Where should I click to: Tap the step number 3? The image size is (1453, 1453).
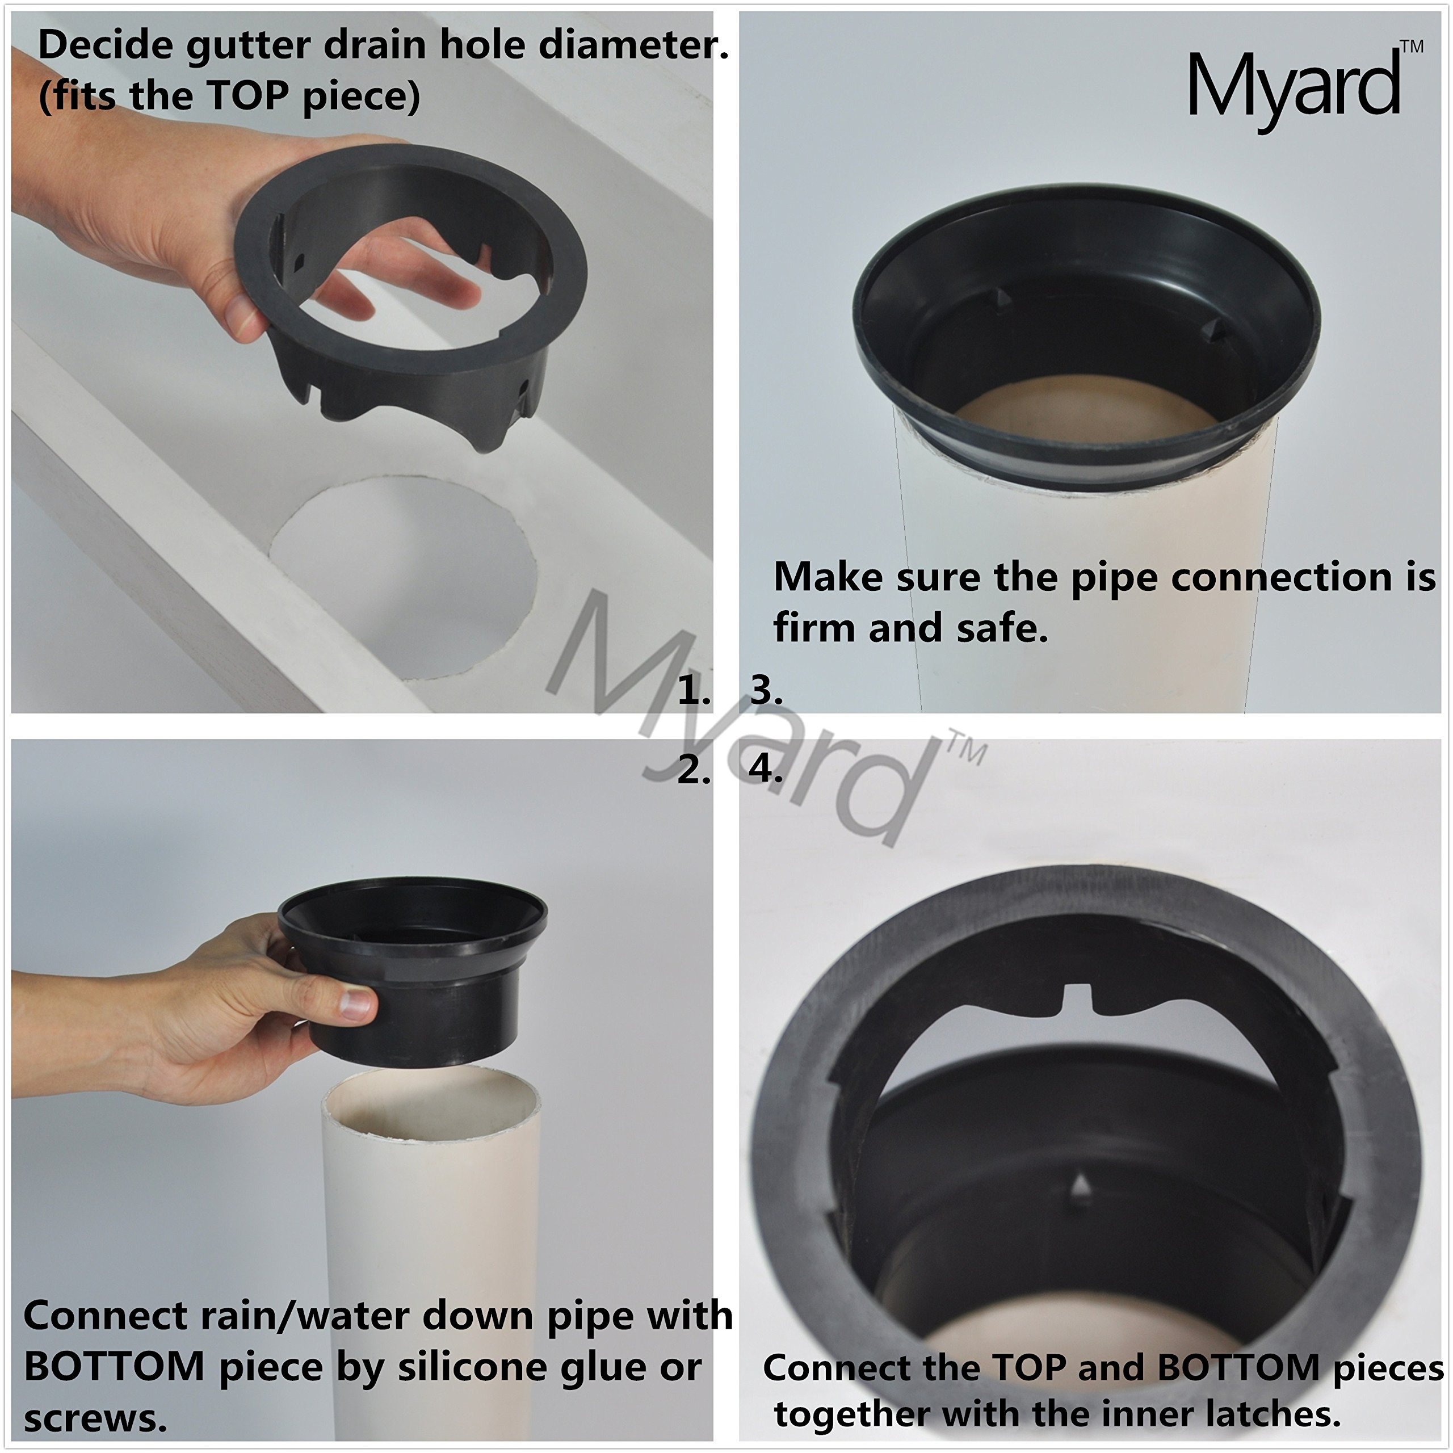pyautogui.click(x=766, y=690)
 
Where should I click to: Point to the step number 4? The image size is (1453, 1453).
pyautogui.click(x=766, y=770)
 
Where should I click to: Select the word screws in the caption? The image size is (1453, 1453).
pyautogui.click(x=95, y=1418)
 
